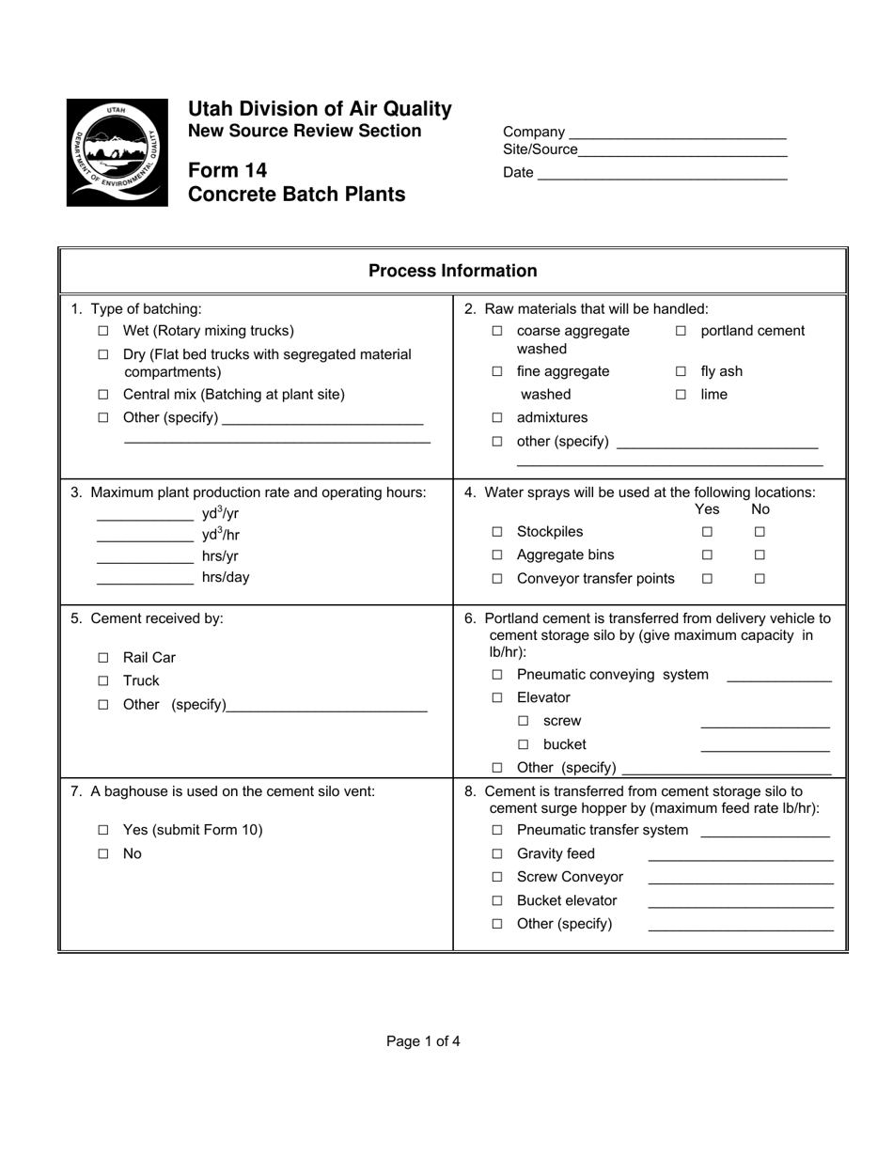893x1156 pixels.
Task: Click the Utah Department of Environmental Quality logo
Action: tap(117, 152)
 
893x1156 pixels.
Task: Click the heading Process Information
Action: tap(452, 272)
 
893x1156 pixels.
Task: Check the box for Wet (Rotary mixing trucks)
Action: tap(103, 332)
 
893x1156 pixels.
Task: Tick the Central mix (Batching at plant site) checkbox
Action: tap(103, 396)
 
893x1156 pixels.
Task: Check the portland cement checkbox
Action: tap(681, 332)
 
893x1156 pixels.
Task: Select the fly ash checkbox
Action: tap(681, 372)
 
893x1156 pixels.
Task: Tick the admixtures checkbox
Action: tap(497, 418)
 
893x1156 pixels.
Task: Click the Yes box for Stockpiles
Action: tap(707, 533)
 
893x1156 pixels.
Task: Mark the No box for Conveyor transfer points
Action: tap(760, 579)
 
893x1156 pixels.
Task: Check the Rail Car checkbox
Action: tap(103, 659)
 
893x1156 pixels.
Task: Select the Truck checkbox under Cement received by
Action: tap(103, 681)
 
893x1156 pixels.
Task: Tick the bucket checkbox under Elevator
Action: tap(524, 745)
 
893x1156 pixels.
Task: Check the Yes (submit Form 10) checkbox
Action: tap(103, 831)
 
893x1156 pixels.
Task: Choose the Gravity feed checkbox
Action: tap(497, 854)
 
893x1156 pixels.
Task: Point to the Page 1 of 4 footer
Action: tap(423, 1041)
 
